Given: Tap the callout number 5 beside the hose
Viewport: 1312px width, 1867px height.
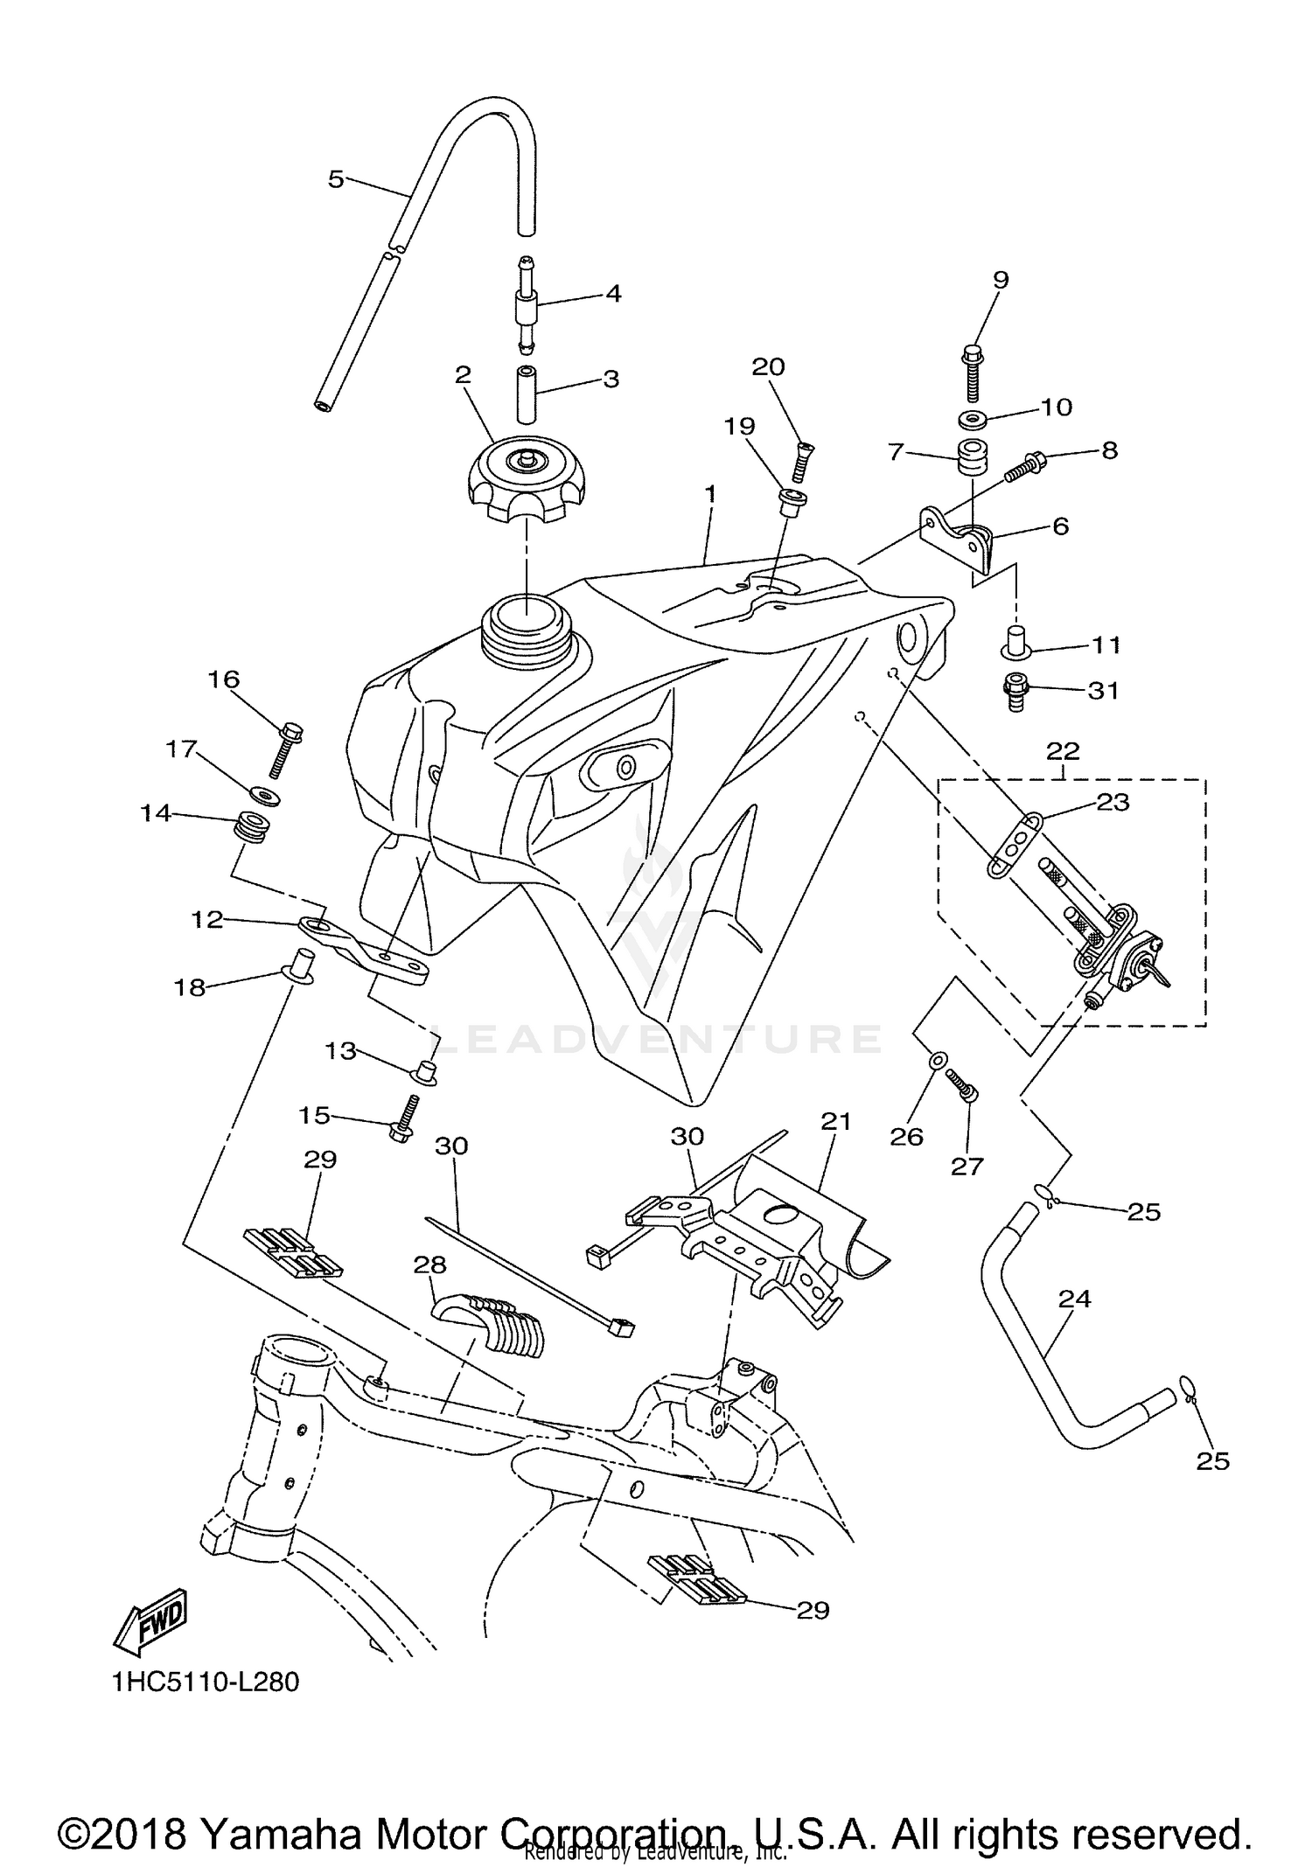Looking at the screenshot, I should coord(336,179).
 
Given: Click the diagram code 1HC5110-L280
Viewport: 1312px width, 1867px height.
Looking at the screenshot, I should coord(206,1682).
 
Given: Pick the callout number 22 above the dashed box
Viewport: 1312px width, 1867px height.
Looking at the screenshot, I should coord(1063,750).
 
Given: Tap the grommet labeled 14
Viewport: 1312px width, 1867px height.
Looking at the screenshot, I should coord(251,826).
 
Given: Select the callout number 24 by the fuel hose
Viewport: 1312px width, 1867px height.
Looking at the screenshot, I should coord(1075,1299).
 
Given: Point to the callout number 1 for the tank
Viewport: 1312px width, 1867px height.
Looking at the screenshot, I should coord(711,494).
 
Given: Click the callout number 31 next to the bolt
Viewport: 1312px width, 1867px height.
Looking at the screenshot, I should coord(1103,690).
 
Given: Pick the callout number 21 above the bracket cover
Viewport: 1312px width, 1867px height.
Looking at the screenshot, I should coord(836,1121).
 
